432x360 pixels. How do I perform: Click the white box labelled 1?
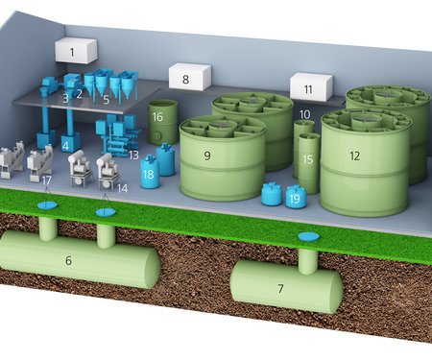pyautogui.click(x=76, y=51)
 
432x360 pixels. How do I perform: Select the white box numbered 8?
pyautogui.click(x=190, y=77)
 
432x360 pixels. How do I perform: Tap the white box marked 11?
pyautogui.click(x=311, y=86)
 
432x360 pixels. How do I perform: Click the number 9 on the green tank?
pyautogui.click(x=207, y=156)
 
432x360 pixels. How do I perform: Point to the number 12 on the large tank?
pyautogui.click(x=354, y=156)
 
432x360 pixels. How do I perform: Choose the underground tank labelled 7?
pyautogui.click(x=286, y=285)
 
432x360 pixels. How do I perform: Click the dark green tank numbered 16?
pyautogui.click(x=162, y=122)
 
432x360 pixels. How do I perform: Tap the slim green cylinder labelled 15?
pyautogui.click(x=309, y=163)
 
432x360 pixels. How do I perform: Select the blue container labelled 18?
pyautogui.click(x=150, y=173)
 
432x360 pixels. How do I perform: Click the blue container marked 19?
pyautogui.click(x=296, y=197)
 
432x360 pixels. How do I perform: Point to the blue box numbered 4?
pyautogui.click(x=70, y=142)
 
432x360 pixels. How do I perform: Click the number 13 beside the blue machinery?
pyautogui.click(x=133, y=155)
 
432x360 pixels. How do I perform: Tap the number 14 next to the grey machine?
pyautogui.click(x=122, y=188)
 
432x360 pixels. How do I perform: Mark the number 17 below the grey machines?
pyautogui.click(x=47, y=180)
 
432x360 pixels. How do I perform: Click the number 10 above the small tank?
pyautogui.click(x=304, y=114)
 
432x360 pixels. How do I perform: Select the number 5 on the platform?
pyautogui.click(x=107, y=100)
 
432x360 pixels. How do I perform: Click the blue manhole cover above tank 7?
pyautogui.click(x=309, y=237)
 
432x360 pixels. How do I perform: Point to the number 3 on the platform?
pyautogui.click(x=65, y=98)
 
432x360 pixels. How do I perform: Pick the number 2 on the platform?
pyautogui.click(x=79, y=93)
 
